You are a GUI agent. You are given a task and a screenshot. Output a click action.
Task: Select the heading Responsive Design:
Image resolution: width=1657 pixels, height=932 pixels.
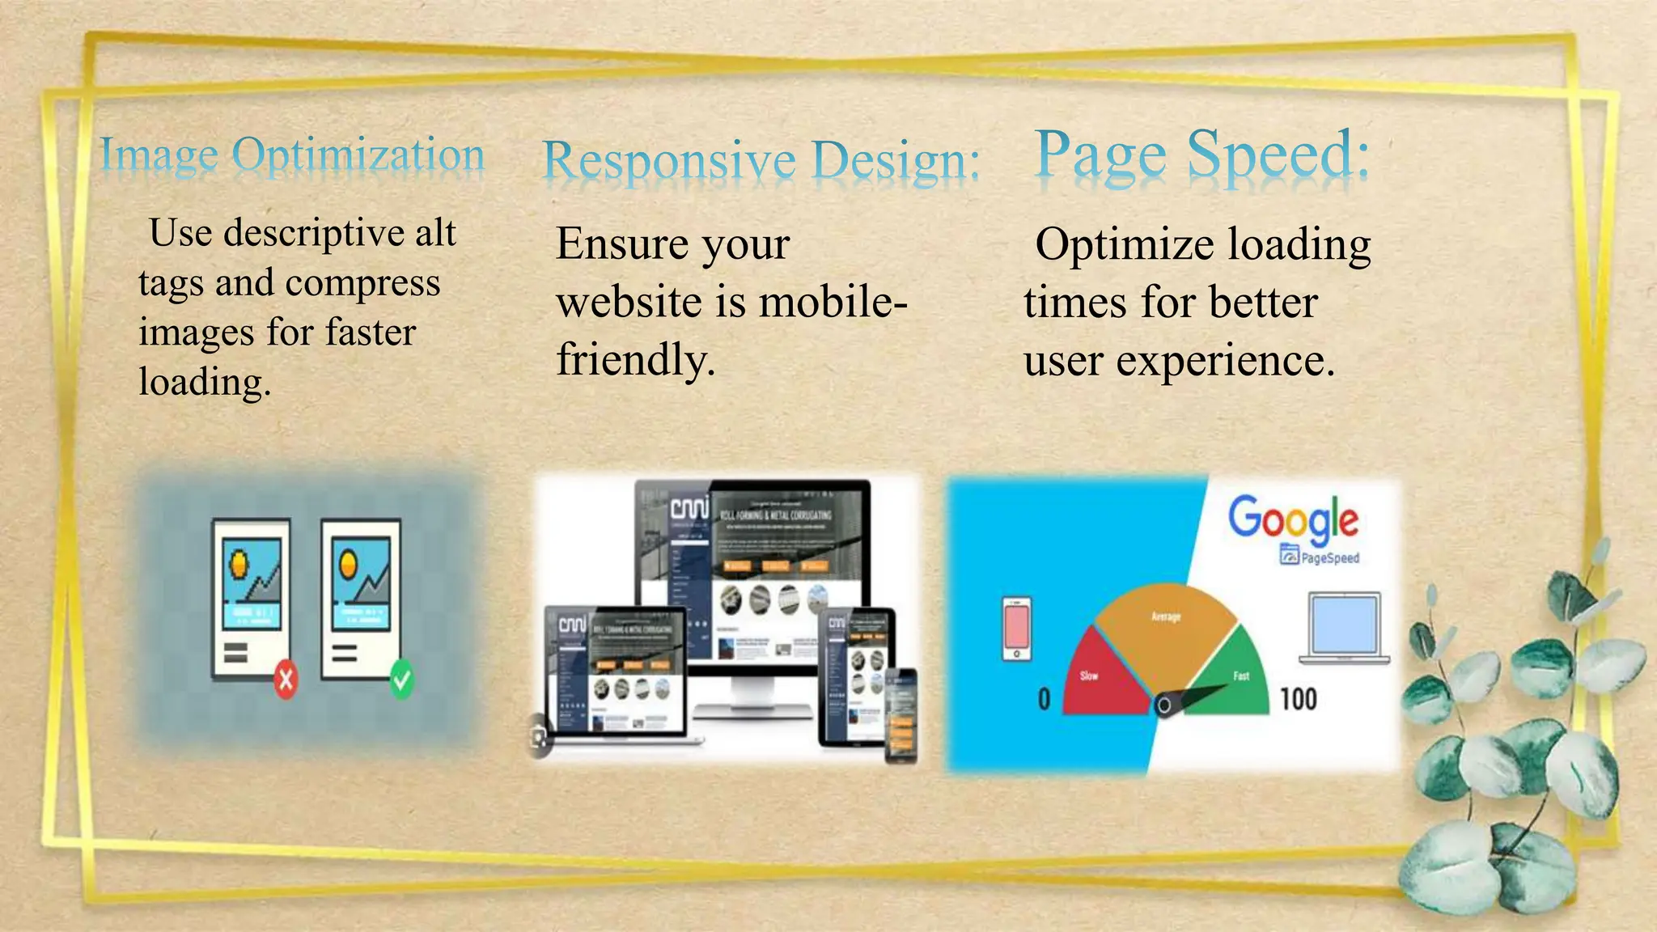click(x=761, y=159)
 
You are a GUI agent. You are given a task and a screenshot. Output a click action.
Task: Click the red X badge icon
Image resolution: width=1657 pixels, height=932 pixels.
click(x=286, y=679)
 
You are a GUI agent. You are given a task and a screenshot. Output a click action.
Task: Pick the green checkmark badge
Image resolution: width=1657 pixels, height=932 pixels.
click(x=402, y=679)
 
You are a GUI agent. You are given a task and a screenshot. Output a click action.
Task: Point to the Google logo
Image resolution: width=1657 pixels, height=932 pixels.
click(x=1293, y=518)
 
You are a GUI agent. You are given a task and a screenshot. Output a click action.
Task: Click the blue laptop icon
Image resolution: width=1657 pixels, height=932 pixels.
click(x=1345, y=627)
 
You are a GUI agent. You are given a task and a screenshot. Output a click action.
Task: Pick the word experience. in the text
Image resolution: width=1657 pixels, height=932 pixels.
click(x=1225, y=361)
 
